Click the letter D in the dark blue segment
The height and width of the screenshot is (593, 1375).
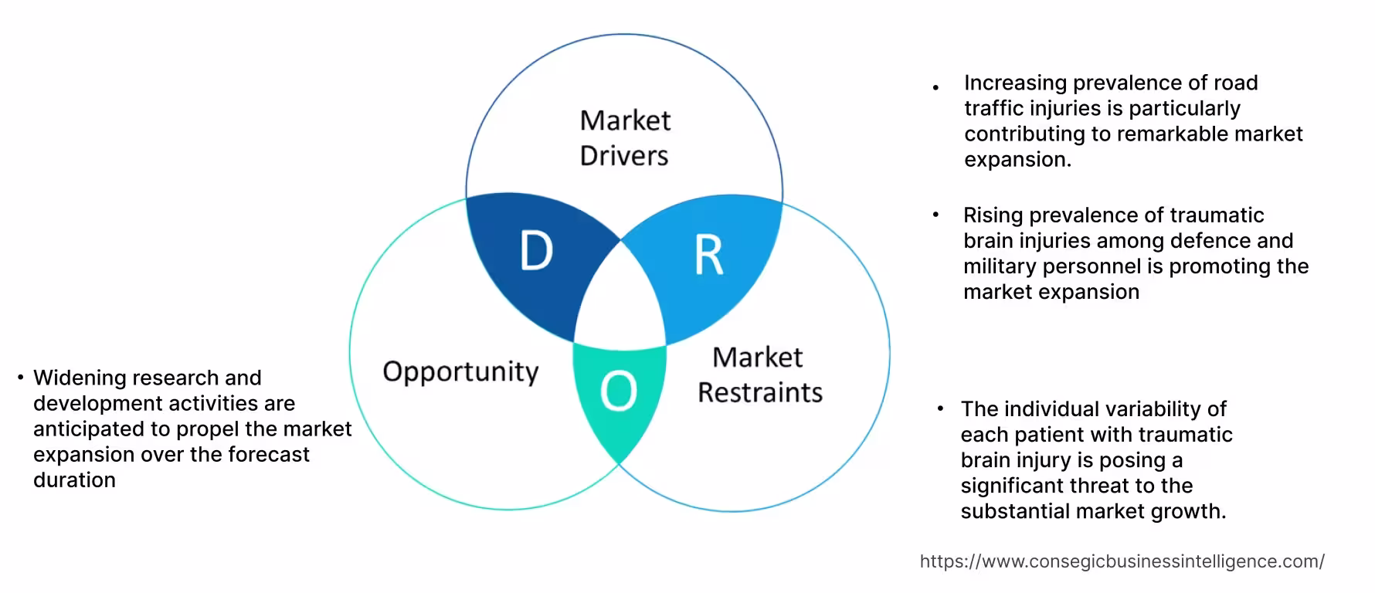pyautogui.click(x=536, y=252)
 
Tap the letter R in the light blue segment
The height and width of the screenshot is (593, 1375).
pyautogui.click(x=708, y=256)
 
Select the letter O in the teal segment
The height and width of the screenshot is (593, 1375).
pyautogui.click(x=619, y=391)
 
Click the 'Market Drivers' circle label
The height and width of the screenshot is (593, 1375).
pyautogui.click(x=625, y=137)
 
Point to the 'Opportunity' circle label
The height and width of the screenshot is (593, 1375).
pyautogui.click(x=460, y=371)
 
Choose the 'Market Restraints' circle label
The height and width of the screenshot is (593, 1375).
pyautogui.click(x=759, y=374)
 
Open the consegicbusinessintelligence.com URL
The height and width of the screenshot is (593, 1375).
pyautogui.click(x=1122, y=561)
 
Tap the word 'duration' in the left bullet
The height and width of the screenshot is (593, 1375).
pyautogui.click(x=74, y=479)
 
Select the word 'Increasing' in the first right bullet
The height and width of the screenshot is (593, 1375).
pyautogui.click(x=1015, y=83)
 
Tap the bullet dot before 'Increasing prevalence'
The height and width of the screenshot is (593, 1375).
pyautogui.click(x=935, y=88)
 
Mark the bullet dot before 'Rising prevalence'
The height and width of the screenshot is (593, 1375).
pyautogui.click(x=935, y=215)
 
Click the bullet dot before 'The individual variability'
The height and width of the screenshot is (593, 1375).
pyautogui.click(x=940, y=408)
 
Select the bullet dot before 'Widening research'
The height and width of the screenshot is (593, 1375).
pyautogui.click(x=21, y=378)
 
